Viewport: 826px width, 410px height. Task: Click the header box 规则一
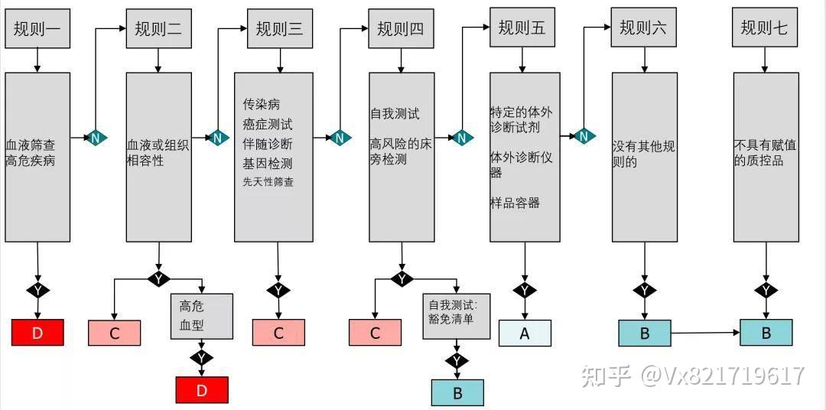(x=37, y=29)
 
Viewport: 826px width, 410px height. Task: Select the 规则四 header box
(x=400, y=29)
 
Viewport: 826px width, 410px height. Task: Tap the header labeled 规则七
(x=763, y=29)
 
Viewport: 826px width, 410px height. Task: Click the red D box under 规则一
(x=37, y=333)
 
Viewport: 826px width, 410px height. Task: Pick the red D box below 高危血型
(x=202, y=390)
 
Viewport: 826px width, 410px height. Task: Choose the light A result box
(x=525, y=333)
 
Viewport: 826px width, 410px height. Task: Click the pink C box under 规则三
(x=278, y=333)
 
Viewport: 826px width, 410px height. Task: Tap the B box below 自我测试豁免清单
(x=457, y=392)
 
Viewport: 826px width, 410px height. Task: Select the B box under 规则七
(x=766, y=333)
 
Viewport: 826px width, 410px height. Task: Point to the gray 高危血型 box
(x=201, y=316)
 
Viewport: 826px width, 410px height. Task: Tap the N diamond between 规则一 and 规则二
(x=96, y=138)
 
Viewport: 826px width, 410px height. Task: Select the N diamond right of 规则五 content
(x=584, y=136)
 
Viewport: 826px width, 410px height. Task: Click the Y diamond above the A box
(x=525, y=291)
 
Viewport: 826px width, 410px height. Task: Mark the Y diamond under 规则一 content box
(x=37, y=291)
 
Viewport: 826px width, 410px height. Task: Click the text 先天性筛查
(x=268, y=182)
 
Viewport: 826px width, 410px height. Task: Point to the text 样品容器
(x=515, y=203)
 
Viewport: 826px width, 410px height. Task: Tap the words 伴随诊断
(x=268, y=143)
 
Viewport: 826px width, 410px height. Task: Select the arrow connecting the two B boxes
(x=705, y=333)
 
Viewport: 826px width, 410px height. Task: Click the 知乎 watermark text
(x=606, y=376)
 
